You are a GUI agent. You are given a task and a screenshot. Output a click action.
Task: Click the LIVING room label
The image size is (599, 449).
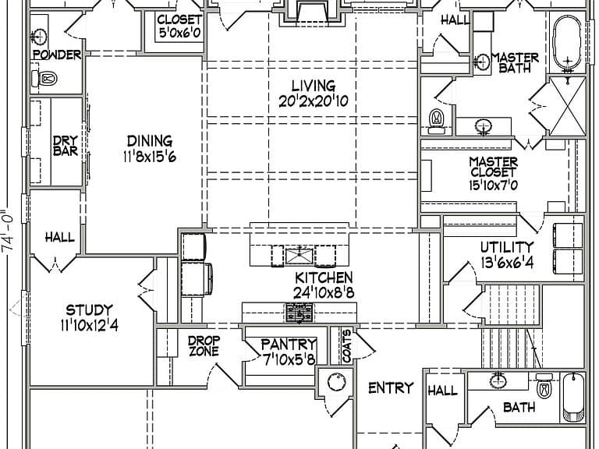pyautogui.click(x=314, y=86)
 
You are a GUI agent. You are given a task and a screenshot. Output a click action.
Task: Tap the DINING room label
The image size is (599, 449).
pyautogui.click(x=150, y=141)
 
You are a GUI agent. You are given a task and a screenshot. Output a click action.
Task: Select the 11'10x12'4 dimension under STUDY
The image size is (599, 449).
pyautogui.click(x=90, y=325)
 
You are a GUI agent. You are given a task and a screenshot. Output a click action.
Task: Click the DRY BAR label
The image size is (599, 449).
pyautogui.click(x=66, y=146)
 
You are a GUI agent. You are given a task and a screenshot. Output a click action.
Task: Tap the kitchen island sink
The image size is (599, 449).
pyautogui.click(x=299, y=256)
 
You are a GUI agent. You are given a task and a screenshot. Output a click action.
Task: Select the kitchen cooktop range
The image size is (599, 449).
pyautogui.click(x=299, y=313)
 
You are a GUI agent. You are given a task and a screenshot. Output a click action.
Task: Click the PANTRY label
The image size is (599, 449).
pyautogui.click(x=289, y=345)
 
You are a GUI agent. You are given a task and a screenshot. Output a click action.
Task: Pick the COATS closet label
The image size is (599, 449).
pyautogui.click(x=346, y=346)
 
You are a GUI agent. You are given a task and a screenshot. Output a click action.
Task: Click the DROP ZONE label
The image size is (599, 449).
pyautogui.click(x=204, y=345)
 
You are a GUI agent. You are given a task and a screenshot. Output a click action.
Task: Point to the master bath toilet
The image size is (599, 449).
pyautogui.click(x=436, y=122)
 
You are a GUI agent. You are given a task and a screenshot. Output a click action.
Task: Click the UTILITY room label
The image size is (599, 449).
pyautogui.click(x=506, y=247)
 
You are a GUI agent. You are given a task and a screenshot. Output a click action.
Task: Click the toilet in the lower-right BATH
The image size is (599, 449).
pyautogui.click(x=544, y=387)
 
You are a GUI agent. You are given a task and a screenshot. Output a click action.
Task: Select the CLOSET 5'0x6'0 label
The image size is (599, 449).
pyautogui.click(x=179, y=27)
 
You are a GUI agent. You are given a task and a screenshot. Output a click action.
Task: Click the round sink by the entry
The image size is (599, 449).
pyautogui.click(x=336, y=382)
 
